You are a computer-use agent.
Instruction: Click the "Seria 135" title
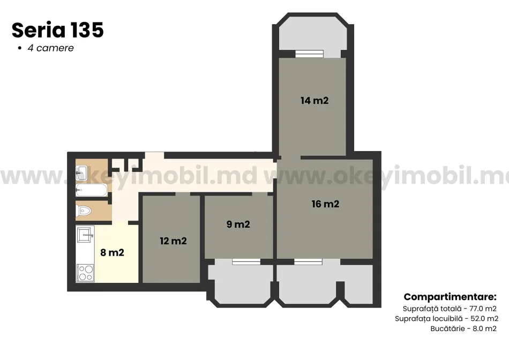click(x=58, y=30)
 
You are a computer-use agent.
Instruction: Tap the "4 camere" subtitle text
click(x=51, y=48)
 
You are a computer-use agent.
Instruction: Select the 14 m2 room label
click(x=315, y=101)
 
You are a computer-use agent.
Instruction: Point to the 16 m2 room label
click(x=325, y=204)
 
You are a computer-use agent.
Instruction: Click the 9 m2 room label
click(x=238, y=224)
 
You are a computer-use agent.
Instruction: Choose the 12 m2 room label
click(x=174, y=241)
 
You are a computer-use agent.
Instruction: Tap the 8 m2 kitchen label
click(x=113, y=252)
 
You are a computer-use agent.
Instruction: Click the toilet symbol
click(x=84, y=211)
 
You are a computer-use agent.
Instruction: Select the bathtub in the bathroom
click(x=92, y=190)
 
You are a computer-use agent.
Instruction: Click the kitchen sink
click(x=85, y=234)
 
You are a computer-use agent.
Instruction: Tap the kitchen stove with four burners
click(x=85, y=273)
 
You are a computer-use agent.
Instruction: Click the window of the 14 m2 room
click(x=309, y=54)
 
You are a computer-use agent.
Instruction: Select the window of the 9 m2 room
click(x=246, y=261)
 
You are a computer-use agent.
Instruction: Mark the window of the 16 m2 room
click(x=309, y=261)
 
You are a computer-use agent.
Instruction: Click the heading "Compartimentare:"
click(x=450, y=297)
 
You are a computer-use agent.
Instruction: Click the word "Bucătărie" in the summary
click(x=447, y=328)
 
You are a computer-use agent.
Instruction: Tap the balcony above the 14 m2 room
click(x=313, y=34)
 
